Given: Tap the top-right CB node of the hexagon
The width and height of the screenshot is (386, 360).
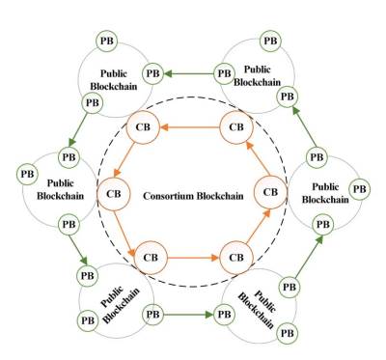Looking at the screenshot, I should [234, 125].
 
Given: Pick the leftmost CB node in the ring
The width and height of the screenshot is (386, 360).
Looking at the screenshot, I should [114, 192].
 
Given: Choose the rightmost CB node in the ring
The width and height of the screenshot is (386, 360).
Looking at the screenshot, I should [271, 192].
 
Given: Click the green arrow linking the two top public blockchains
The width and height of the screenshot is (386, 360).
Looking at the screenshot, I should [188, 71].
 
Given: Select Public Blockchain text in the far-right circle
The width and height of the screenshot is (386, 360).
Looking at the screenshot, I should [325, 194].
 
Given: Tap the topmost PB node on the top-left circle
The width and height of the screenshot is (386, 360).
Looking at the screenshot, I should [107, 42].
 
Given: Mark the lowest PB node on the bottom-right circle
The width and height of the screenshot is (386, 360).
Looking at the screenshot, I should [287, 331].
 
